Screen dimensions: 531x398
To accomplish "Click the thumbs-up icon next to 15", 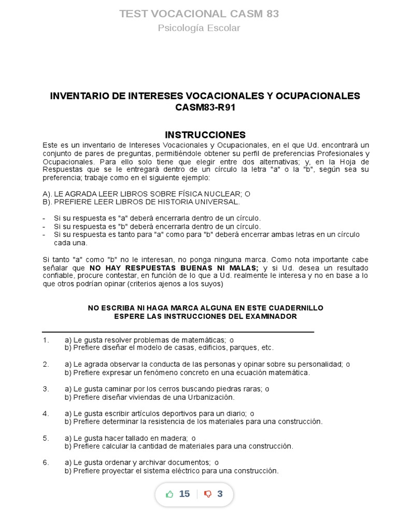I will [169, 494].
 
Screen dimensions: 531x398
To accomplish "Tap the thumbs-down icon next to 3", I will [208, 494].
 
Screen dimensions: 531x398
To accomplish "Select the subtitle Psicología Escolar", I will [199, 28].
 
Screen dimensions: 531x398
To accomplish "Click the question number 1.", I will [46, 340].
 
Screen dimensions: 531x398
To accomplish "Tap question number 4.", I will [46, 413].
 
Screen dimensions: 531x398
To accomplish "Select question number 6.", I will [46, 463].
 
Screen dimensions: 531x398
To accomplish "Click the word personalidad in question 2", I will [322, 364].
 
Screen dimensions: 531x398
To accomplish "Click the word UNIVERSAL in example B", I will [219, 202].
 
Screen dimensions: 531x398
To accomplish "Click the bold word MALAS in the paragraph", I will [245, 268].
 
